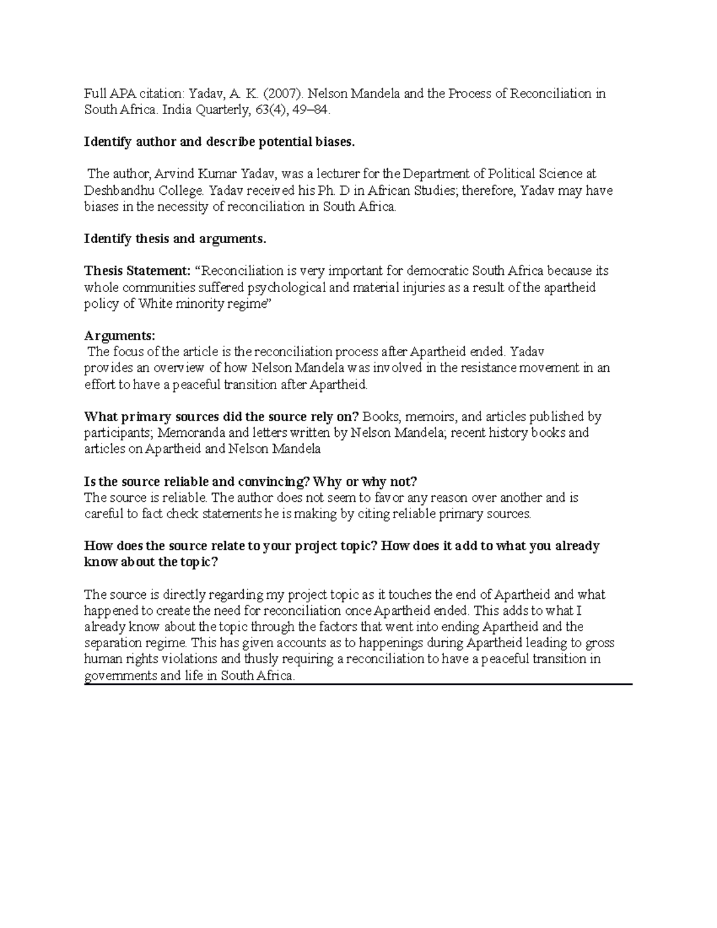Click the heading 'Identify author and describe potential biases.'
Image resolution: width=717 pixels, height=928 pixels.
point(219,142)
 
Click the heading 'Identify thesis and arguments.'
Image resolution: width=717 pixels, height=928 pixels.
point(174,239)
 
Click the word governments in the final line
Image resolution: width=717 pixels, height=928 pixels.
point(117,676)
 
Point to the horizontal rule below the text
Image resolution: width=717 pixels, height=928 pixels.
point(358,684)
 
